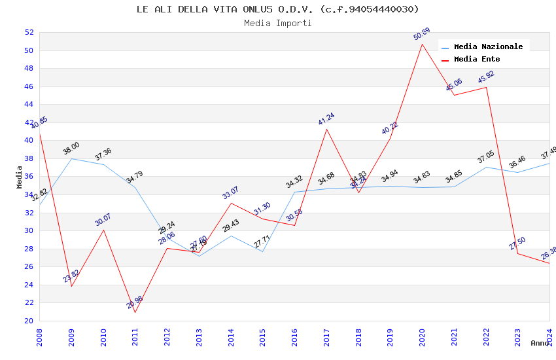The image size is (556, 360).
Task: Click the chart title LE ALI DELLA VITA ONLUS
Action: [277, 9]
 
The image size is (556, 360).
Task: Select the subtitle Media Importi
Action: [277, 23]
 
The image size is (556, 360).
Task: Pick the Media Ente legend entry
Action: [477, 59]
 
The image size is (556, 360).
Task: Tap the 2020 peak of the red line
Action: [422, 44]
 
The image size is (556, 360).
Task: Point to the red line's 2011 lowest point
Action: [135, 312]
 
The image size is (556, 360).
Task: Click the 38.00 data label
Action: [71, 149]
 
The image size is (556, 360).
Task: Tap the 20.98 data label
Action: [135, 302]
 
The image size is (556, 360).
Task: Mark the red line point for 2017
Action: [326, 129]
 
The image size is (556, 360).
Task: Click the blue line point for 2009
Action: [71, 158]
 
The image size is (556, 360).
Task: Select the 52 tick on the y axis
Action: [29, 32]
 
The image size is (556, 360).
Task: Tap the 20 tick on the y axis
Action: [29, 321]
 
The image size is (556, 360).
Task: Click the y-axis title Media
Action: [20, 177]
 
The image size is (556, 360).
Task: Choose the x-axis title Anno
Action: [540, 343]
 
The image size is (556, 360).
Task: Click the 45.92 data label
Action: [486, 77]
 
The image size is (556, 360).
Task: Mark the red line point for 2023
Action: [517, 253]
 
